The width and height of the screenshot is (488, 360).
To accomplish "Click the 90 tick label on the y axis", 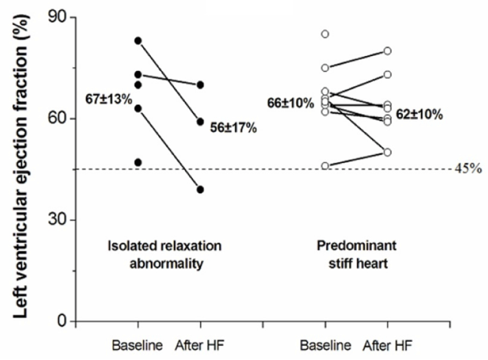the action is pyautogui.click(x=57, y=18).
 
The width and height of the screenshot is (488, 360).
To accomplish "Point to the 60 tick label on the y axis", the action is pyautogui.click(x=57, y=118).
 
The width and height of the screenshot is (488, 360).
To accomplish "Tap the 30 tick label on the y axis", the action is pyautogui.click(x=57, y=220).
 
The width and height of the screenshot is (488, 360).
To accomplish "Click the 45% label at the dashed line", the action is pyautogui.click(x=468, y=168).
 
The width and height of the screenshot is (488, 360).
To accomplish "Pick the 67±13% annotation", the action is pyautogui.click(x=109, y=99).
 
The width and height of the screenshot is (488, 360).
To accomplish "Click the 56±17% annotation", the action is pyautogui.click(x=234, y=128).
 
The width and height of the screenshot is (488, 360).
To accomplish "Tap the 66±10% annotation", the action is pyautogui.click(x=290, y=103).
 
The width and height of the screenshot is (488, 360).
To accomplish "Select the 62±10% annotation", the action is pyautogui.click(x=419, y=115).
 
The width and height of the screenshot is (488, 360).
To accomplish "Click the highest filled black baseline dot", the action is pyautogui.click(x=138, y=40).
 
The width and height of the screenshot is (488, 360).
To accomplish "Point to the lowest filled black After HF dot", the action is pyautogui.click(x=200, y=189).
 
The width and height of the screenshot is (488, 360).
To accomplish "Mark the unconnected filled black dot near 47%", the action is pyautogui.click(x=138, y=162).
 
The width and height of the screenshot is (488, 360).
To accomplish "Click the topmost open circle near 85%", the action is pyautogui.click(x=325, y=34).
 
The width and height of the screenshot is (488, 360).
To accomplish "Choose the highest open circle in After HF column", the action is pyautogui.click(x=387, y=51).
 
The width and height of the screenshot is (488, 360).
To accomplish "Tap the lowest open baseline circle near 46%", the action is pyautogui.click(x=325, y=166).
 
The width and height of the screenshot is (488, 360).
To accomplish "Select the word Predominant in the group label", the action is pyautogui.click(x=357, y=246).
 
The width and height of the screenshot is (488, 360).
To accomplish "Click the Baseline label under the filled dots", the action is pyautogui.click(x=137, y=345).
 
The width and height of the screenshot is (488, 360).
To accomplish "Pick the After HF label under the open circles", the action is pyautogui.click(x=388, y=345).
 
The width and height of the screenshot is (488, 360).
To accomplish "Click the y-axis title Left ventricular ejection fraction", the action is pyautogui.click(x=21, y=166).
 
